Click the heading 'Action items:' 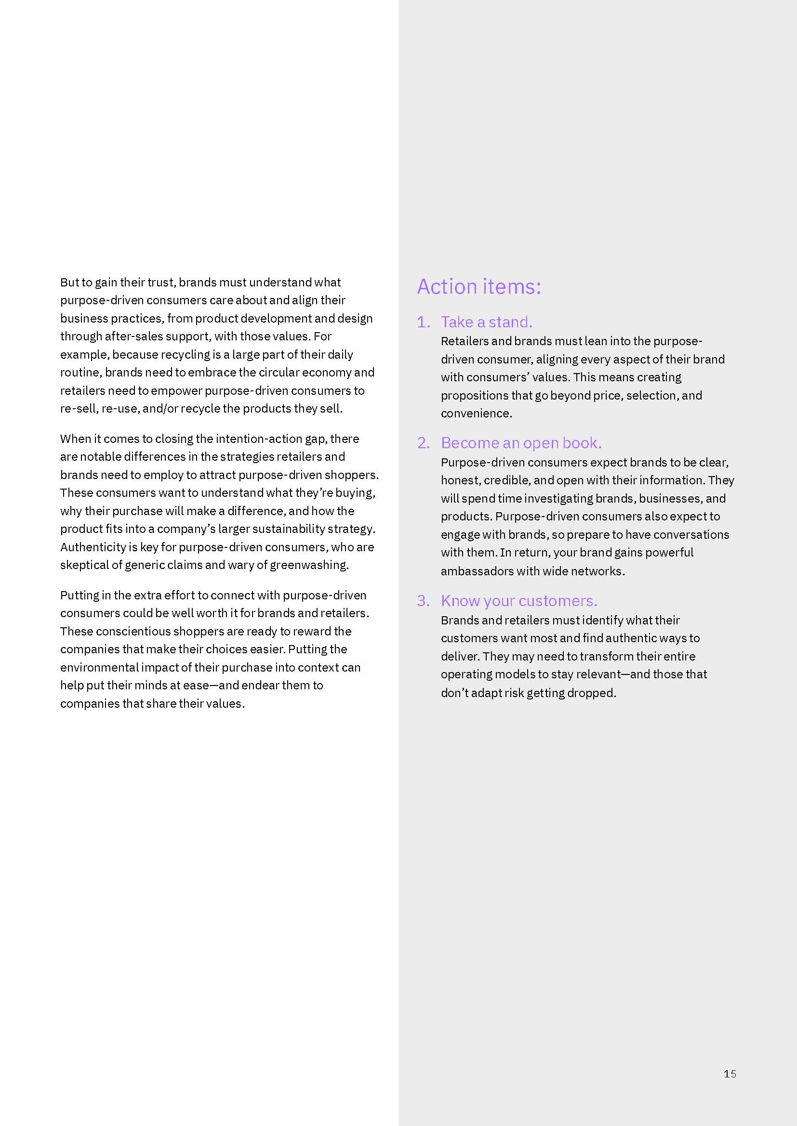[x=479, y=286]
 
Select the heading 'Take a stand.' [x=486, y=322]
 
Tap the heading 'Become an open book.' [x=521, y=443]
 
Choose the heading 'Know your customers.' [x=519, y=601]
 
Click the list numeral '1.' [x=423, y=322]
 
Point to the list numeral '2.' [x=423, y=443]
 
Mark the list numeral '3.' [x=423, y=601]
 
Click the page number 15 [x=730, y=1074]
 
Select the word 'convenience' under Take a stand [x=476, y=414]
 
